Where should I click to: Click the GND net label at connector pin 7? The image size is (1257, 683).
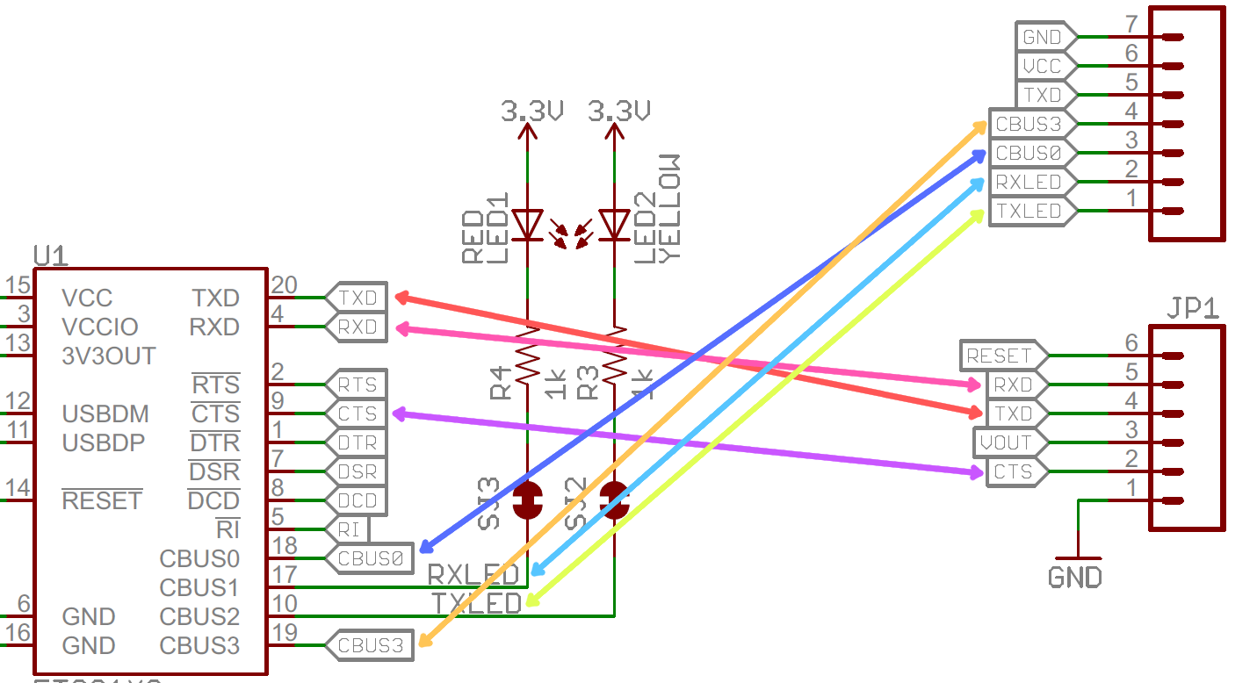[1042, 38]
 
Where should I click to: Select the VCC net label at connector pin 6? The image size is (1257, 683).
[1042, 67]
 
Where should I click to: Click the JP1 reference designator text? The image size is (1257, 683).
[1192, 309]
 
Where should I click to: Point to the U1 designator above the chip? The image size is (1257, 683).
[51, 255]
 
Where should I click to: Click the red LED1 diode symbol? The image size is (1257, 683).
[527, 224]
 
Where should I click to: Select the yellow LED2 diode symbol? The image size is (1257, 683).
[614, 224]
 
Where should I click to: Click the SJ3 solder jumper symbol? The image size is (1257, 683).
[527, 500]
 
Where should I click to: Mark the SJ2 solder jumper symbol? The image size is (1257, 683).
[614, 500]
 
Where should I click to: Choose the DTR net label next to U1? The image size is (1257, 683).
[356, 442]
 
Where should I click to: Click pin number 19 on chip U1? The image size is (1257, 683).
[284, 631]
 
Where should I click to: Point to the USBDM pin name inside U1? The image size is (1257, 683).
[105, 413]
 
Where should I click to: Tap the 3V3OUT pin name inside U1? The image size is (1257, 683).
[109, 356]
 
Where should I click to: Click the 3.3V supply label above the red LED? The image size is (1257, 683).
[531, 111]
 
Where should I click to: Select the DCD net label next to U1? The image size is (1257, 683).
[356, 500]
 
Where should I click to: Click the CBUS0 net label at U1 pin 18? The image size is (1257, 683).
[369, 557]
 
